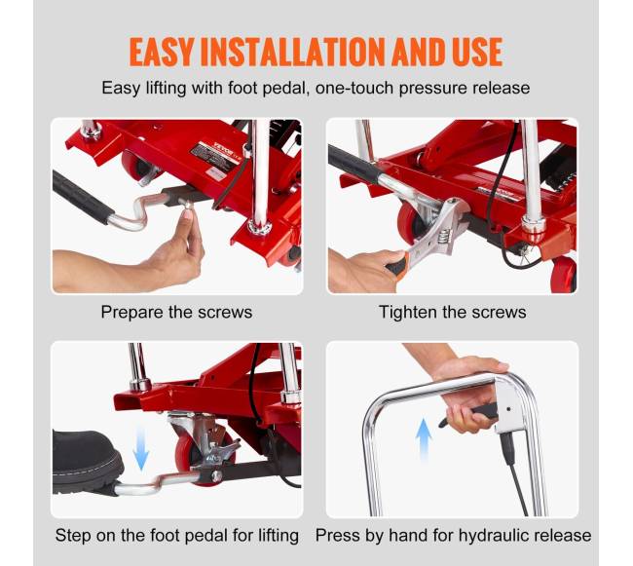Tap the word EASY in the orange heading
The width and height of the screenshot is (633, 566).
[162, 52]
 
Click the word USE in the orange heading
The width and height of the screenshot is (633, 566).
[477, 52]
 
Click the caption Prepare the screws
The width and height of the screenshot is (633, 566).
[176, 312]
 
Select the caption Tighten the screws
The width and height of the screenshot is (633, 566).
[453, 312]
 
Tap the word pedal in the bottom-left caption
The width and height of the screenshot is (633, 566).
[205, 536]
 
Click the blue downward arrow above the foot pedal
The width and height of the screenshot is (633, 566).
[141, 448]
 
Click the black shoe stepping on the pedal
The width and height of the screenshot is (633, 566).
[86, 462]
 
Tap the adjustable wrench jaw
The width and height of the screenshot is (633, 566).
[449, 220]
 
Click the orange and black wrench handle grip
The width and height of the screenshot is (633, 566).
[395, 263]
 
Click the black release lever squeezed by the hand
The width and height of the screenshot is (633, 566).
[470, 415]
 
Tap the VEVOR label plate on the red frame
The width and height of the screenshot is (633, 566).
[216, 156]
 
